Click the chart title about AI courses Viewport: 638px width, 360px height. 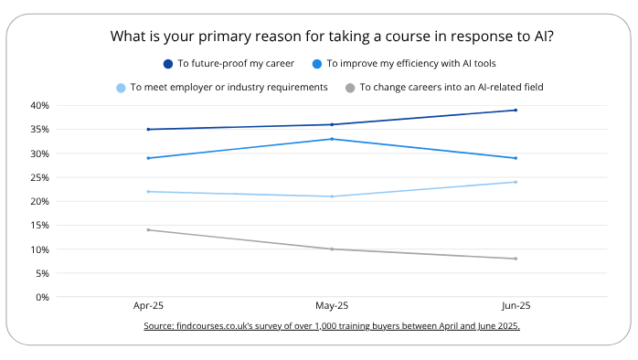[331, 37]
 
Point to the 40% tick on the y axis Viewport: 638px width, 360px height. [37, 105]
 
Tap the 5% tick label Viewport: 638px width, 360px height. [40, 273]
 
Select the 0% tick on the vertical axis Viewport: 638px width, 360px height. [40, 297]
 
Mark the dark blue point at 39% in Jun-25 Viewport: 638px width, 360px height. [516, 111]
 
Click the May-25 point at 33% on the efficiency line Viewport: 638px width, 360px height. [331, 139]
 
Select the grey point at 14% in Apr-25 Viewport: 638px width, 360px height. [148, 230]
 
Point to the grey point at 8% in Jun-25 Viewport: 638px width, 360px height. [516, 259]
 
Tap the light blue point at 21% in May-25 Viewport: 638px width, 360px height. [331, 196]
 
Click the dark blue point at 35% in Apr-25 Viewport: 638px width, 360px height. [148, 130]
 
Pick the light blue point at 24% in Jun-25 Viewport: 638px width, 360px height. [516, 182]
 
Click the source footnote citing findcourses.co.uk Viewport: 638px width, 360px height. [331, 326]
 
